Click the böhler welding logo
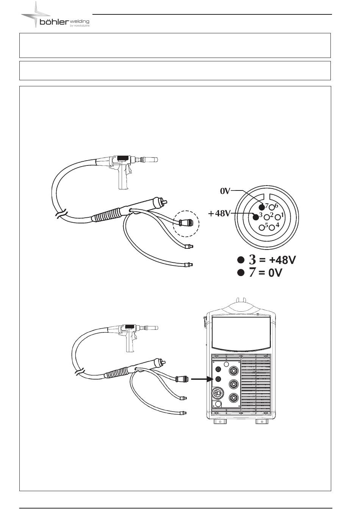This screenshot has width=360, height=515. point(55,15)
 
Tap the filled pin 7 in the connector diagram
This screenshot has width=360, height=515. point(261,207)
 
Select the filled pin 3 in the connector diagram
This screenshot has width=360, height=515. point(255,217)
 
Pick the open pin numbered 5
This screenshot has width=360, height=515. point(261,228)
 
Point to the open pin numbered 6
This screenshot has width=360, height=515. point(272,207)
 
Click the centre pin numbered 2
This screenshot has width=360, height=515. point(267,217)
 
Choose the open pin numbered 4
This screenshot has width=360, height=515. point(272,228)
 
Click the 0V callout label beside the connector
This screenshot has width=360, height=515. point(225,191)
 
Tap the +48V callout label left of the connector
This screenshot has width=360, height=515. point(219,214)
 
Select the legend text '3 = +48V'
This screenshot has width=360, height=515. point(272,260)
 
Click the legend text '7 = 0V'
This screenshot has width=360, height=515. point(266,273)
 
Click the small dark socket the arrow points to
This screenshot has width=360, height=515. point(218,379)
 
